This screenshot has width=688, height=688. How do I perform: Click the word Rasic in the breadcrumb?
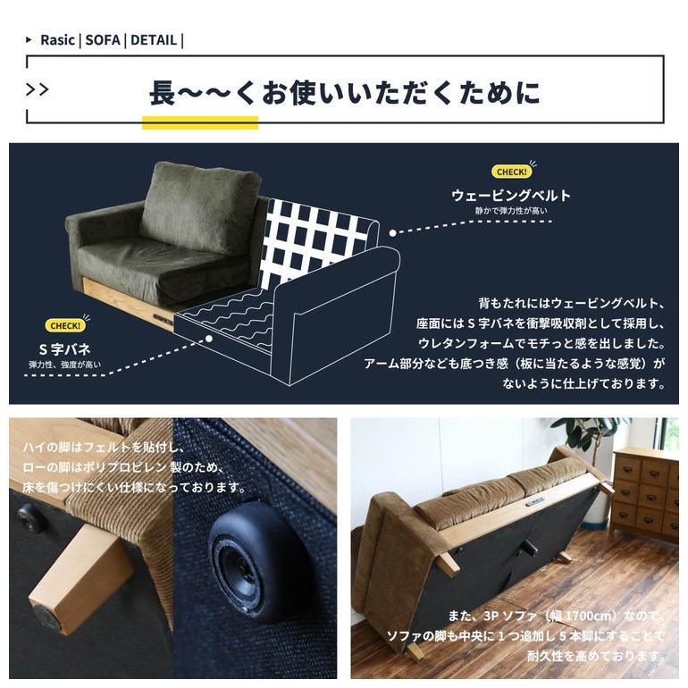click(x=57, y=40)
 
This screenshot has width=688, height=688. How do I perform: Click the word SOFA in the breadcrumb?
click(x=103, y=40)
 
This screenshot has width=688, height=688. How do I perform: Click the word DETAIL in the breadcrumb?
click(x=153, y=40)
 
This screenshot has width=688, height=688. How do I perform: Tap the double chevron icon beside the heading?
click(x=38, y=90)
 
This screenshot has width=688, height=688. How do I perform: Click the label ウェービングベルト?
click(x=510, y=195)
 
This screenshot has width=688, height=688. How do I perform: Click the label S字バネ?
click(x=64, y=348)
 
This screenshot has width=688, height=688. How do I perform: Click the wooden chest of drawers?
click(x=645, y=492)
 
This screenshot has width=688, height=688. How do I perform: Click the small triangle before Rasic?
click(x=30, y=40)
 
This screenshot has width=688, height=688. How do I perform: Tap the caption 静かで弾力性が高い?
click(x=511, y=211)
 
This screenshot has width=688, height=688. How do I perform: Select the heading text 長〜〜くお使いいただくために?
click(x=344, y=92)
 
